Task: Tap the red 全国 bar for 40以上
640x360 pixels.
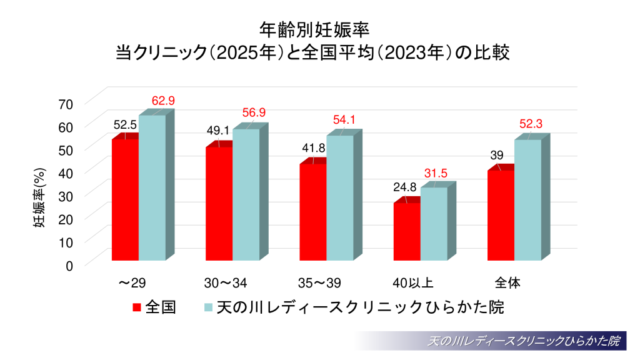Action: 407,231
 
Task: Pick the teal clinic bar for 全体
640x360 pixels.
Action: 527,199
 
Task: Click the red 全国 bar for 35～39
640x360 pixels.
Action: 313,212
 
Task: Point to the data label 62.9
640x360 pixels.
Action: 163,101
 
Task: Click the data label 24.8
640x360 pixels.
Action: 405,186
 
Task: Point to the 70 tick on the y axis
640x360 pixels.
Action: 66,103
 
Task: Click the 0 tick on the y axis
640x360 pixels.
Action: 69,264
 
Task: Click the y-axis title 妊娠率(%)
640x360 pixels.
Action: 38,199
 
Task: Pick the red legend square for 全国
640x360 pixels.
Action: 136,307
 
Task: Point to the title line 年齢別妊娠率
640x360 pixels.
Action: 319,29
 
